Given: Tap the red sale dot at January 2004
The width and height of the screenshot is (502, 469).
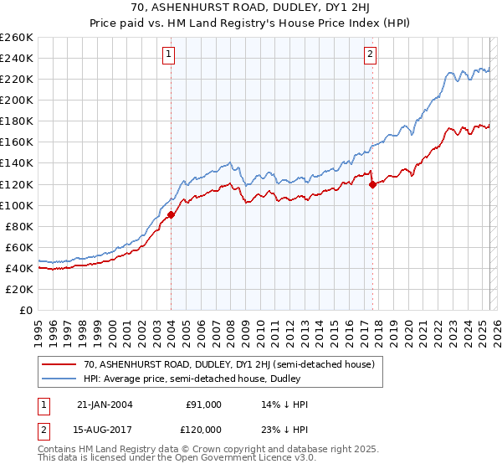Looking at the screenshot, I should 171,214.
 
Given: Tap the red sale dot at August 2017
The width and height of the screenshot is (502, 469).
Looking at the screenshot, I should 372,184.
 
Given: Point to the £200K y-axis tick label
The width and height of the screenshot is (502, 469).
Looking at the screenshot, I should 16,100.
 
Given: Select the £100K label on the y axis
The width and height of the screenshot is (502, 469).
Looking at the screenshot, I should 16,205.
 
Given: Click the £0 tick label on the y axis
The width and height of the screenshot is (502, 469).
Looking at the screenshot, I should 25,310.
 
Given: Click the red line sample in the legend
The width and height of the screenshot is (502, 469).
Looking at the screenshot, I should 59,364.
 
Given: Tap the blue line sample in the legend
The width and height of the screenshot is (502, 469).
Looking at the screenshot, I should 59,379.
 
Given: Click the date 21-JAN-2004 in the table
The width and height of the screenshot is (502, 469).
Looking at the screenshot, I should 104,404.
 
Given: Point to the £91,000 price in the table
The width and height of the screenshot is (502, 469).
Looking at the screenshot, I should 204,404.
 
